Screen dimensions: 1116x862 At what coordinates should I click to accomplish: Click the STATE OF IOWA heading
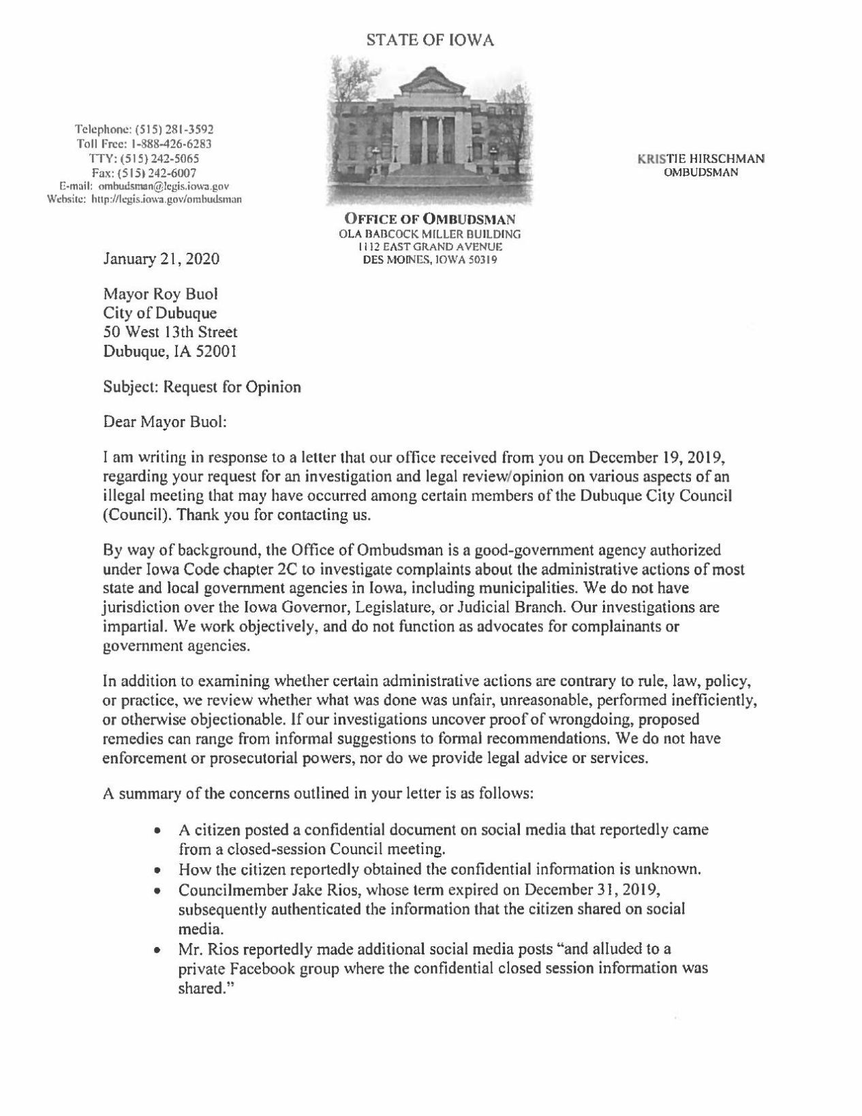[430, 41]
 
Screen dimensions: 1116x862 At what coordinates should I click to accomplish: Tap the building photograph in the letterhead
[430, 129]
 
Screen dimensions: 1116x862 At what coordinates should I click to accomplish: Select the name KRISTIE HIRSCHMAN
[701, 159]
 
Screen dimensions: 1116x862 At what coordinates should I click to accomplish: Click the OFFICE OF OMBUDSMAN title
[430, 219]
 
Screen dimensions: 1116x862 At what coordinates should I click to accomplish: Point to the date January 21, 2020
[161, 259]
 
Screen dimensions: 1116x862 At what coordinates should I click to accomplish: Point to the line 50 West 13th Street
[170, 332]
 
